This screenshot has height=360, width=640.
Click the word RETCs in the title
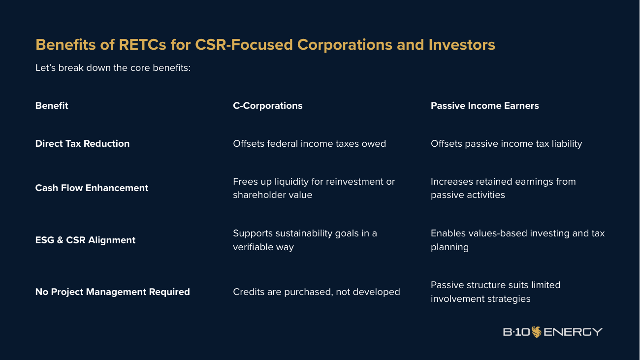coord(142,45)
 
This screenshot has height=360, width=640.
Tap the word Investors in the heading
coord(462,45)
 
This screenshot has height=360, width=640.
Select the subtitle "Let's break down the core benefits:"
coord(113,67)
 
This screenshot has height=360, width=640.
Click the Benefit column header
coord(52,106)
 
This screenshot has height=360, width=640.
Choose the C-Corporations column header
coord(268,106)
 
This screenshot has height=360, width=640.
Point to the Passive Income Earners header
coord(485,106)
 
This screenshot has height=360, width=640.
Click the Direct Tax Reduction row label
coord(82,143)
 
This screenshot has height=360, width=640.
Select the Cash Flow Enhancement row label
coord(92,188)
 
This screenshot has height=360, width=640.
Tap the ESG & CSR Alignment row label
coord(85,240)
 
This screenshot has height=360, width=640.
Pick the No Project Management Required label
coord(113,292)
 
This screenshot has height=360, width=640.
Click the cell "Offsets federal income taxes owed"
coord(310,143)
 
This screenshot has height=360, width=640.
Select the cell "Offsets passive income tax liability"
coord(506,144)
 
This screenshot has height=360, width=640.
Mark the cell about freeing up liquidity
coord(314,188)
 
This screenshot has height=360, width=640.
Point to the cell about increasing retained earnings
coord(504,188)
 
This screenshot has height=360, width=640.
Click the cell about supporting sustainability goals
coord(305,240)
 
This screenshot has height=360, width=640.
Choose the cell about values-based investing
coord(518,240)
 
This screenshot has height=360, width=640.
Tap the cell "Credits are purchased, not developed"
coord(317,292)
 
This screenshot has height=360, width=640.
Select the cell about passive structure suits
coord(496,292)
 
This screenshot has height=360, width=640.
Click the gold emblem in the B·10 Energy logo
coord(537,332)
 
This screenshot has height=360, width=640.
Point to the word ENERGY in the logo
coord(573,332)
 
